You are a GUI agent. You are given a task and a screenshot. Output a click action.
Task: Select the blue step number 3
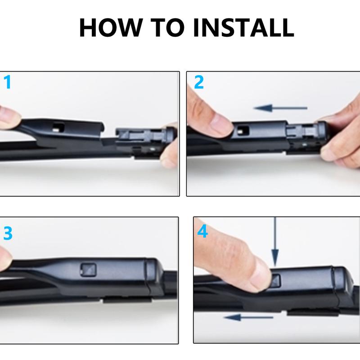[x=8, y=234]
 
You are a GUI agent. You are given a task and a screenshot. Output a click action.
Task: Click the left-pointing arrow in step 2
[x=279, y=108]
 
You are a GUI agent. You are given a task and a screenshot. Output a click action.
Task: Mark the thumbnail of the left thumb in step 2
[x=219, y=122]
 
